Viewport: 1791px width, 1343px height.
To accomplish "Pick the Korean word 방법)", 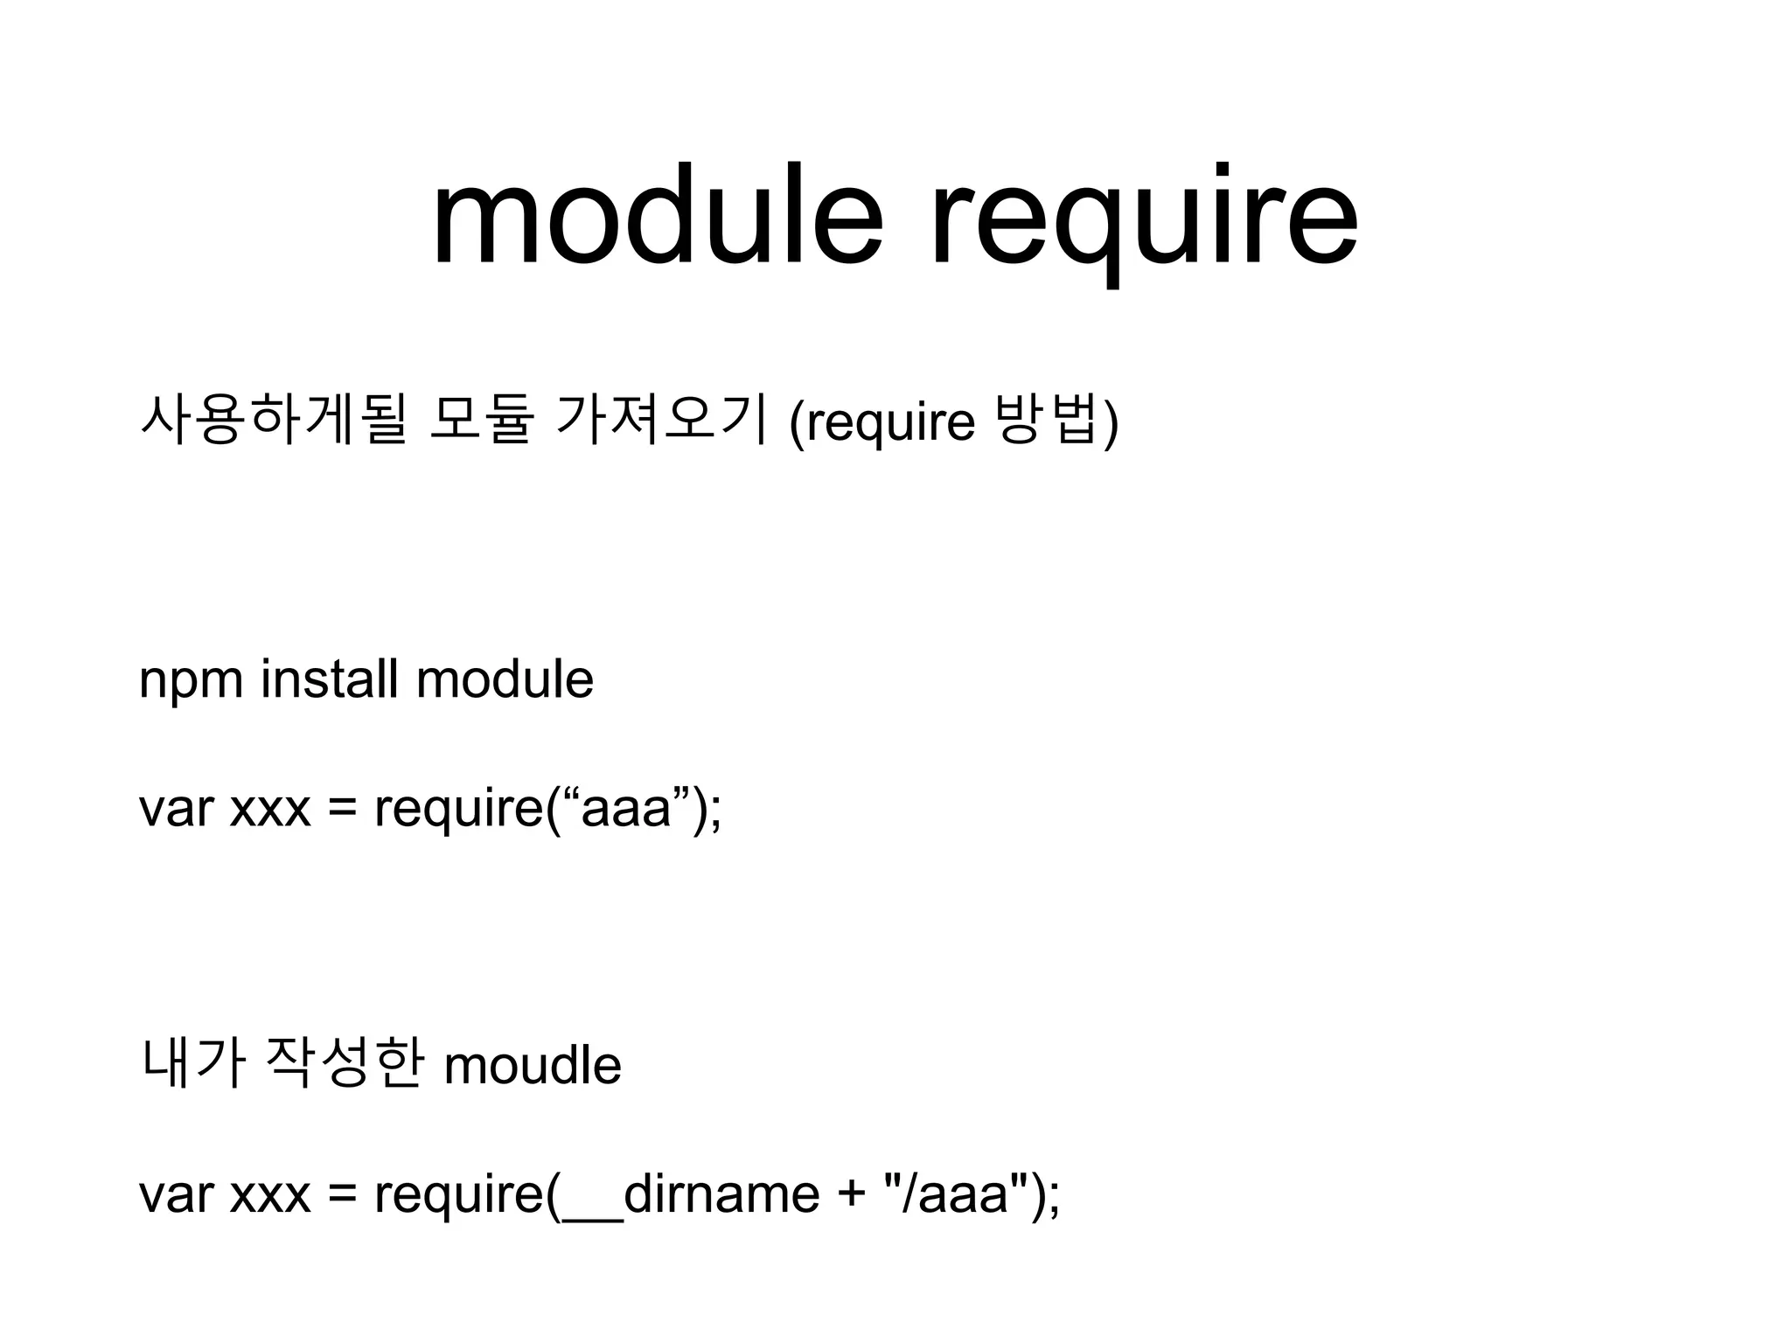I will (x=1057, y=421).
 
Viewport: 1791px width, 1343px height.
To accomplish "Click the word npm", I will (x=191, y=680).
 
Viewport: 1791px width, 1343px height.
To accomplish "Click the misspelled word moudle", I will (x=533, y=1065).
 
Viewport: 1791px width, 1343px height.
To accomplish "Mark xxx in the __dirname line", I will (x=270, y=1194).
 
